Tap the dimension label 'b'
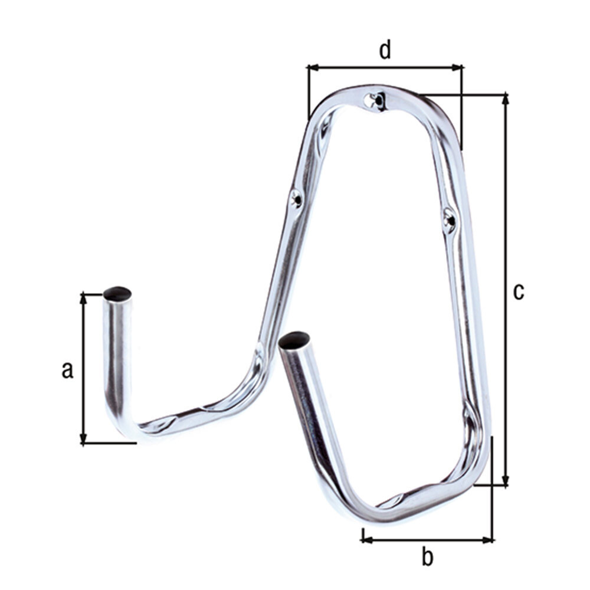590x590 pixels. coord(427,556)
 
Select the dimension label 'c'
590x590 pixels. coord(519,291)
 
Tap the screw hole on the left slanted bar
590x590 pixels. coord(297,199)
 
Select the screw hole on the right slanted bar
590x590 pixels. coord(448,219)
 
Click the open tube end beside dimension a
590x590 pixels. coord(117,293)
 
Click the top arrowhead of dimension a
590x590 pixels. coord(84,298)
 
